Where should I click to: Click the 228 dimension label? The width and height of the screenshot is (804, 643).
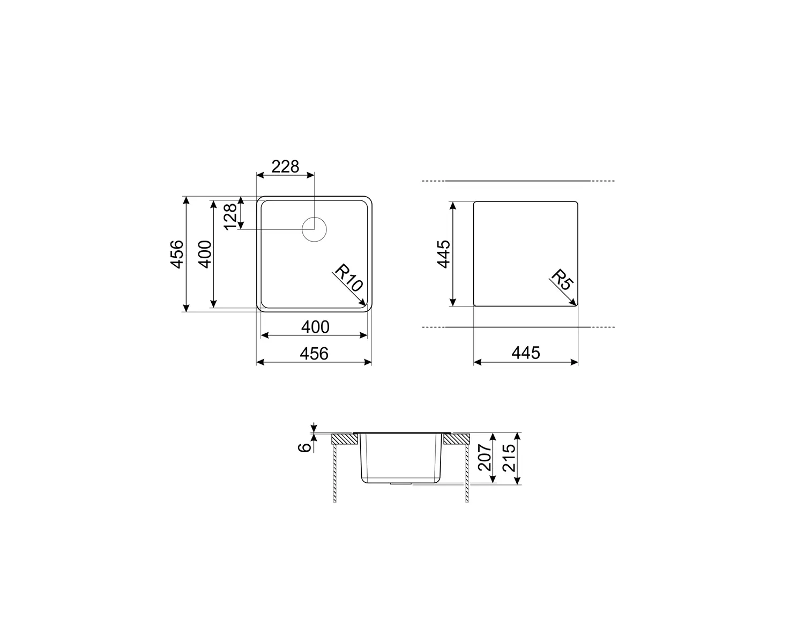(285, 167)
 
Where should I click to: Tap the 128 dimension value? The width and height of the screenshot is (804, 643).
(230, 216)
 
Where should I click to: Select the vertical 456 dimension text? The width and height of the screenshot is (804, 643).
(177, 255)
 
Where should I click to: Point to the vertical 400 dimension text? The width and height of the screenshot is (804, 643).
(204, 255)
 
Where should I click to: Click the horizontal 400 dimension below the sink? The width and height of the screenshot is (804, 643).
(315, 327)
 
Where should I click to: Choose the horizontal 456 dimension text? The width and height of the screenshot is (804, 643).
(314, 354)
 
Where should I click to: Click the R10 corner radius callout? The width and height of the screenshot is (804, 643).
(348, 278)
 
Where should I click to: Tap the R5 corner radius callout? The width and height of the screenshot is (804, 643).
(562, 280)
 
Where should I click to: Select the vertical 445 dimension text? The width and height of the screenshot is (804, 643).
(443, 254)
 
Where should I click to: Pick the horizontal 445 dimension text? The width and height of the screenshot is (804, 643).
(526, 353)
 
